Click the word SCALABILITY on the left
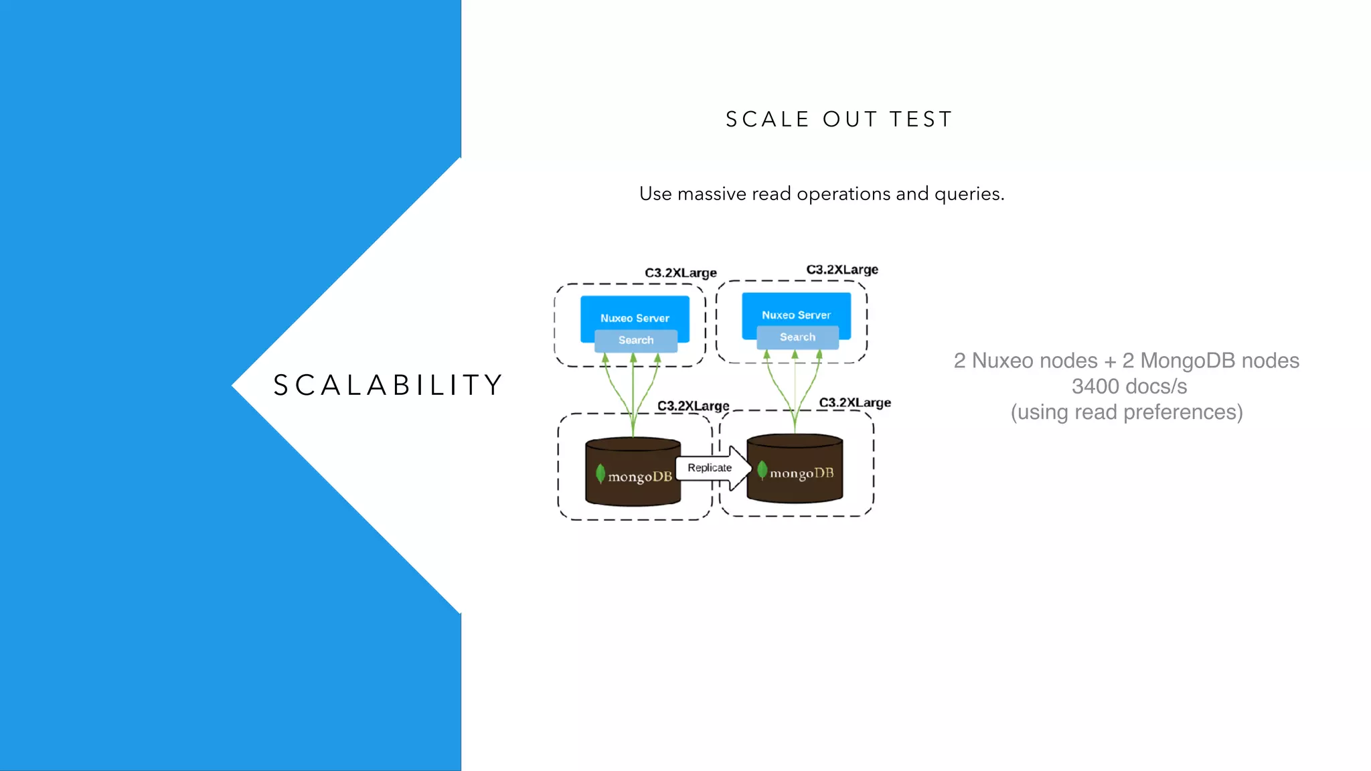[388, 385]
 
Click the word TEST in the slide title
[920, 119]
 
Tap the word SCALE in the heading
[768, 119]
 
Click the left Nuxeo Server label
[635, 318]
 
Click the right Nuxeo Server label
[796, 315]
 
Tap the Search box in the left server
[636, 340]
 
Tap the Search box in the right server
[797, 337]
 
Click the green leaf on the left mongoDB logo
[600, 473]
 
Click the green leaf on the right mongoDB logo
[762, 470]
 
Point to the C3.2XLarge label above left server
[681, 273]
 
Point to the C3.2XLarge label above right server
[842, 270]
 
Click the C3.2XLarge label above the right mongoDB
[855, 403]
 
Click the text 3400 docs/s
[1129, 386]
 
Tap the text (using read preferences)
[1127, 412]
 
